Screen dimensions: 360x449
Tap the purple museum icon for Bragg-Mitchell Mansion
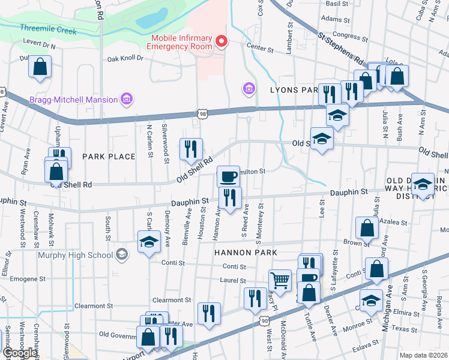[x=126, y=98]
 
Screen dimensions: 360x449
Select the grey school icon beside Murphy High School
[x=122, y=255]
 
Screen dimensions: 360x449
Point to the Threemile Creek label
[x=48, y=29]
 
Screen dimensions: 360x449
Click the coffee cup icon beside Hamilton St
[x=228, y=176]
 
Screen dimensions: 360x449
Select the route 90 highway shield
[x=264, y=322]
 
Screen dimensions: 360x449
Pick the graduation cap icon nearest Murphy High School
[x=149, y=243]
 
